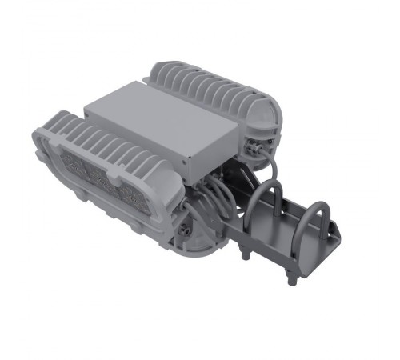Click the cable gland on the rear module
pyautogui.click(x=254, y=149)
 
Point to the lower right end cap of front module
pyautogui.click(x=196, y=244)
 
